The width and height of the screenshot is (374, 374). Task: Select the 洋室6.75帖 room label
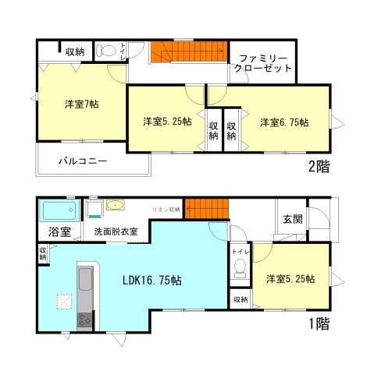pyautogui.click(x=283, y=122)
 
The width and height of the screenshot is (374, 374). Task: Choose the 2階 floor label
pyautogui.click(x=318, y=166)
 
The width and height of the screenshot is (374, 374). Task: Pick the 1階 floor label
pyautogui.click(x=318, y=324)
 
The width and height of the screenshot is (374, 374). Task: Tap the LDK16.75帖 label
pyautogui.click(x=151, y=280)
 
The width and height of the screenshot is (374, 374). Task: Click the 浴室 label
pyautogui.click(x=59, y=232)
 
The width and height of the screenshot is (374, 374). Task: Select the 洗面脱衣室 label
pyautogui.click(x=116, y=231)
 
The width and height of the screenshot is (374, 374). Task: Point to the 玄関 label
pyautogui.click(x=293, y=218)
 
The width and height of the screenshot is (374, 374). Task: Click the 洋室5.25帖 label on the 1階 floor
pyautogui.click(x=290, y=279)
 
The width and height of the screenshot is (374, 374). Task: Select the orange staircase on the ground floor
pyautogui.click(x=206, y=210)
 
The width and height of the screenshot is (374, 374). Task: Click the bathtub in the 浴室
pyautogui.click(x=58, y=210)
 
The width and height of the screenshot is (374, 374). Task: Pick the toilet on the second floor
pyautogui.click(x=108, y=51)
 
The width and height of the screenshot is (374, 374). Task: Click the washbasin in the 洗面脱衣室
pyautogui.click(x=115, y=206)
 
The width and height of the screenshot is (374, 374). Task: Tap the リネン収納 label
pyautogui.click(x=166, y=210)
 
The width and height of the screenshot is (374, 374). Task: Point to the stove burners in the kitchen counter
pyautogui.click(x=84, y=319)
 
